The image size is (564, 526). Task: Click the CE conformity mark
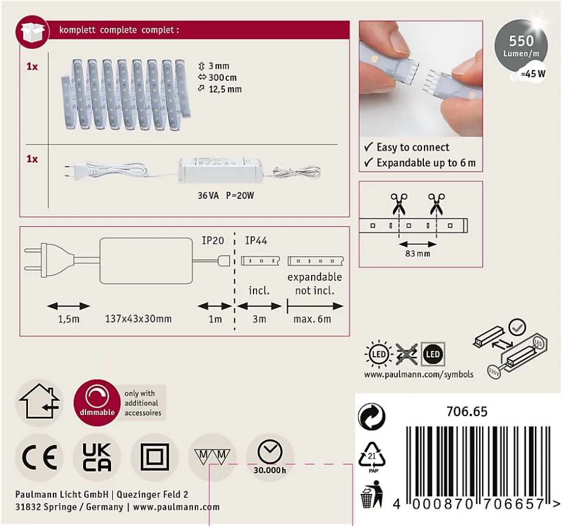[40, 457]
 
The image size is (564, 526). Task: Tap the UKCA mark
[97, 457]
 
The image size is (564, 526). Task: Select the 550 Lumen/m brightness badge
[521, 46]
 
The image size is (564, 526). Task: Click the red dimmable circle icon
[97, 403]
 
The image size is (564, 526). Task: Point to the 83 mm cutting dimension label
[417, 253]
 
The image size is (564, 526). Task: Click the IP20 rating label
[213, 241]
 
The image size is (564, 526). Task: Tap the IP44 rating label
[256, 241]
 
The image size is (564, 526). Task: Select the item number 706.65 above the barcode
[467, 412]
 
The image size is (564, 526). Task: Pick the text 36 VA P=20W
[226, 196]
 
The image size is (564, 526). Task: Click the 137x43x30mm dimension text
[138, 319]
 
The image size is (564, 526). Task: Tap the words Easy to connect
[413, 147]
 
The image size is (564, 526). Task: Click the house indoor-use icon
[40, 402]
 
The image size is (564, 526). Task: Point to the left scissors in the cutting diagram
[399, 203]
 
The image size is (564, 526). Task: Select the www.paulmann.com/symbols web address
[419, 375]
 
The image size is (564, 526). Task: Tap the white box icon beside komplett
[33, 32]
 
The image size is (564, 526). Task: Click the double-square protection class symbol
[155, 457]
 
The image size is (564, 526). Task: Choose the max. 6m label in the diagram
[312, 319]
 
